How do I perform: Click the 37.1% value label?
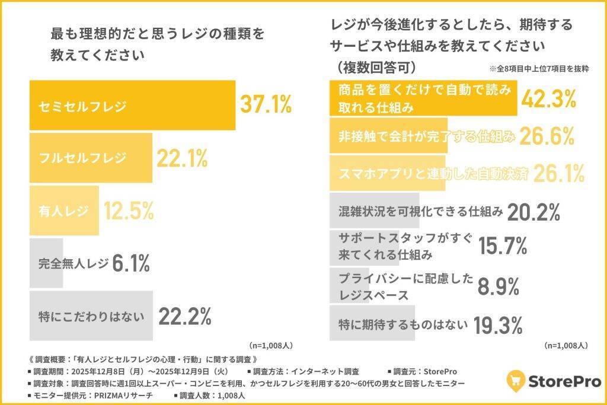click(x=266, y=104)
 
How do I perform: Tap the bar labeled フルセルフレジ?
click(x=91, y=158)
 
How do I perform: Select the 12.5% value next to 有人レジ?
click(x=129, y=211)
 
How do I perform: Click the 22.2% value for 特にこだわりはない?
click(x=185, y=317)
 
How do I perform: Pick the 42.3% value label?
click(x=548, y=98)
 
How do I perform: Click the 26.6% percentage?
click(x=547, y=136)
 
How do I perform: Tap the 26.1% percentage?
click(x=558, y=173)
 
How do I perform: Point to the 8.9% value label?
click(x=499, y=287)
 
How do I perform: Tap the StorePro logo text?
click(x=564, y=381)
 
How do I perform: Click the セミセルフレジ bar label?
click(x=82, y=105)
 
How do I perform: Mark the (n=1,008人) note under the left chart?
click(x=269, y=345)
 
